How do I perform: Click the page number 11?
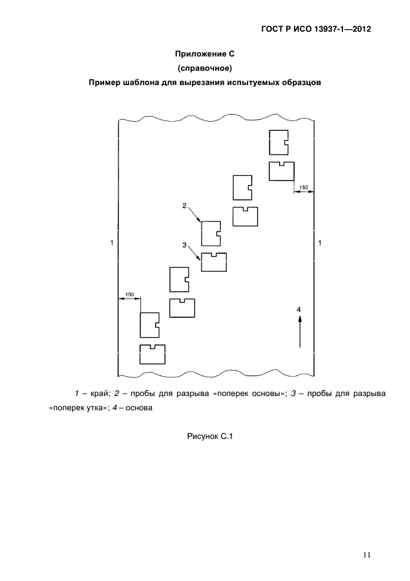(x=367, y=555)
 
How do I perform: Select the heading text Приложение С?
(x=205, y=54)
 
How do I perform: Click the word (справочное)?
(x=205, y=68)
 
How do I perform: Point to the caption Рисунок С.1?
(x=210, y=436)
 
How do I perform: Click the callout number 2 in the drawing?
(x=184, y=205)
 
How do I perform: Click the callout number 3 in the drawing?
(x=184, y=245)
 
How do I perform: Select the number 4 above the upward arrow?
(x=299, y=309)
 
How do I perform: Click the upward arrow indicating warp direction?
(x=300, y=331)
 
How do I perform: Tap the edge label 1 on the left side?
(x=112, y=243)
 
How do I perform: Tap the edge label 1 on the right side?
(x=320, y=243)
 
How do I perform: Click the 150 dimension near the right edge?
(x=303, y=187)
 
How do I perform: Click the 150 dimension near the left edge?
(x=130, y=295)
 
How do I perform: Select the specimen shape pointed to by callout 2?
(x=202, y=233)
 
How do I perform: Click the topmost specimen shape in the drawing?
(x=270, y=142)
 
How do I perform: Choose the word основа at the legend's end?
(x=139, y=408)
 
